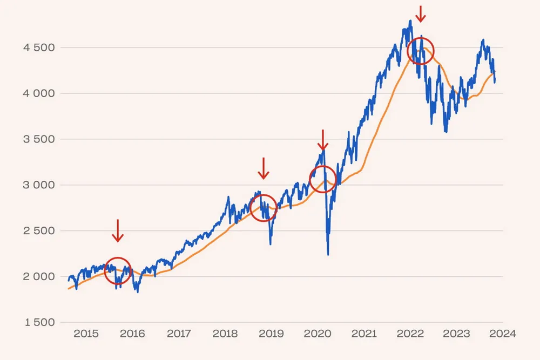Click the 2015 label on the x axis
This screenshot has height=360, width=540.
[x=85, y=334]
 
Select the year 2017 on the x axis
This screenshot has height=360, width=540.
[x=179, y=334]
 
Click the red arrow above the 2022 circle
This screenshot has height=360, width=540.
[x=421, y=13]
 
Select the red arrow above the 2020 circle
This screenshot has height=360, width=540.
[x=322, y=140]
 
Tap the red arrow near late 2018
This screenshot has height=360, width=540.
[x=263, y=168]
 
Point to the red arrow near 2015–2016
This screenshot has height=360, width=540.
[x=118, y=230]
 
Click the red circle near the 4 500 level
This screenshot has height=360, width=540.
[x=420, y=51]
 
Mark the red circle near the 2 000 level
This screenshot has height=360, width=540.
[x=118, y=271]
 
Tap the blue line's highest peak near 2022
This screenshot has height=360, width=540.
[x=411, y=21]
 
